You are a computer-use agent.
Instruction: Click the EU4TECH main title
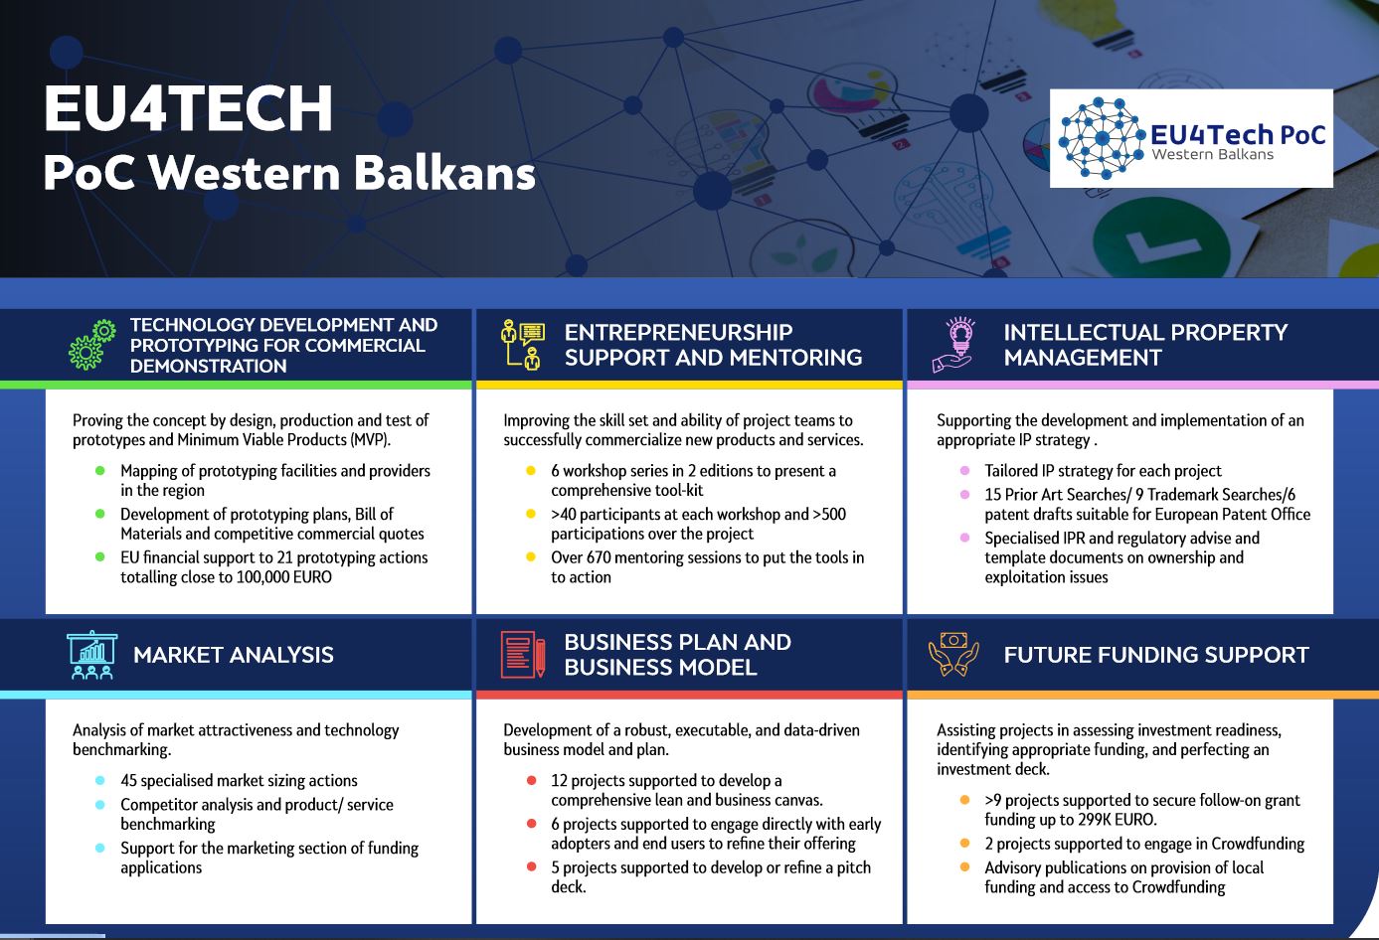coord(188,108)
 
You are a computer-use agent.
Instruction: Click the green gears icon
coord(92,345)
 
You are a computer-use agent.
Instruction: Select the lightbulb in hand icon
coord(953,345)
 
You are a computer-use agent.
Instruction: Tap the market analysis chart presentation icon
coord(91,655)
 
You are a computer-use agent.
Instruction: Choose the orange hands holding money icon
coord(953,655)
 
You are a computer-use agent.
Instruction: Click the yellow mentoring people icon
coord(523,345)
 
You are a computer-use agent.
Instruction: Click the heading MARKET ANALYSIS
coord(234,655)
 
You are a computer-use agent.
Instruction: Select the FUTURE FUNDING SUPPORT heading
coord(1156,655)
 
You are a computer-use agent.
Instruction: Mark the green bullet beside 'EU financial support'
coord(99,557)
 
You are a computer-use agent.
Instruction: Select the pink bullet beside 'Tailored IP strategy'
coord(964,471)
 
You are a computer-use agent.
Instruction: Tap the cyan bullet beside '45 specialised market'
coord(99,781)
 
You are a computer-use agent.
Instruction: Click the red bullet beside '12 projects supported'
coord(531,781)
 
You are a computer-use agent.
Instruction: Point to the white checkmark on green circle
coord(1150,246)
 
